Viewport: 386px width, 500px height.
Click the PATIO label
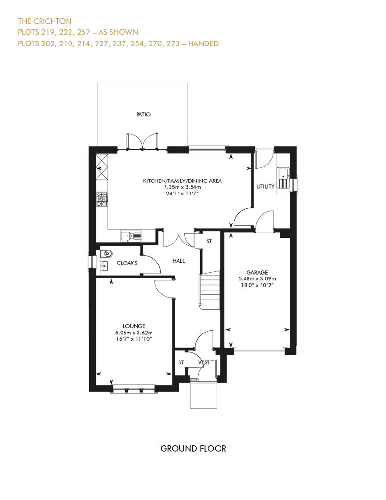tap(143, 114)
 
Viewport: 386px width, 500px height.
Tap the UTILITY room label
tap(265, 187)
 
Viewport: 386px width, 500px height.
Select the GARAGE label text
tap(257, 272)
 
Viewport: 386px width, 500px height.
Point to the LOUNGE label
tap(134, 326)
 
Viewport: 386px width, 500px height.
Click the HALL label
tap(179, 261)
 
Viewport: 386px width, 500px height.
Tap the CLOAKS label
tap(127, 263)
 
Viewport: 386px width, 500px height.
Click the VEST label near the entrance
tap(204, 362)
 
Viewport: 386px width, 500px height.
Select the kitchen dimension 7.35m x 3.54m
tap(182, 187)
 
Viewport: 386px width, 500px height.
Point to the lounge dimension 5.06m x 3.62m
tap(134, 332)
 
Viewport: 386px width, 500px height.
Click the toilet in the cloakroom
tap(107, 253)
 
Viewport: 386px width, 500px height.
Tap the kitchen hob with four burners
tap(102, 199)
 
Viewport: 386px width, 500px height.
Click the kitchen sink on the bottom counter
tap(131, 236)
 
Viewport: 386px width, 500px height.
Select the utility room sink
tap(283, 178)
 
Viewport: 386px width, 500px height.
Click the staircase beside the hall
tap(209, 290)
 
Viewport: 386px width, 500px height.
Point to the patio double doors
tap(142, 141)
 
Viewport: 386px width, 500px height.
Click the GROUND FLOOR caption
tap(193, 449)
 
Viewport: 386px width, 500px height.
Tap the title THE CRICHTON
tap(44, 21)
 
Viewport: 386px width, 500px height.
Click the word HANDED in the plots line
tap(203, 43)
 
